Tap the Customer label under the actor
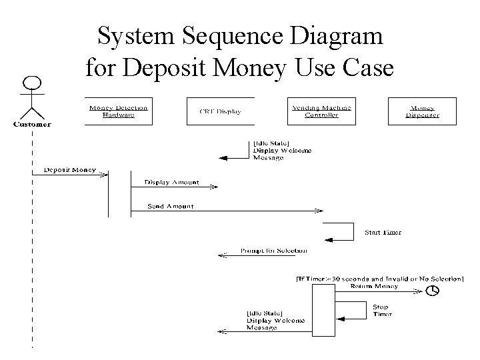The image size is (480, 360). (32, 123)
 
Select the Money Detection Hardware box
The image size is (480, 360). (118, 111)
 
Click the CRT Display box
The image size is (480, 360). (220, 111)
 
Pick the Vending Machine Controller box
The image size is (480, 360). (321, 111)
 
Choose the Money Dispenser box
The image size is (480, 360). (422, 111)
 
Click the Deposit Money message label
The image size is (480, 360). (69, 169)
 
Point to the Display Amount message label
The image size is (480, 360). (171, 182)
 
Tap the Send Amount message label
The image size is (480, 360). (171, 207)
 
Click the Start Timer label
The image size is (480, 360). (382, 233)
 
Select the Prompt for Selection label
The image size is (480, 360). (273, 251)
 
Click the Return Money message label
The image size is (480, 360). (374, 286)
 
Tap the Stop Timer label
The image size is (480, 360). (383, 310)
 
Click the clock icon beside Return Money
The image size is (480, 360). (433, 290)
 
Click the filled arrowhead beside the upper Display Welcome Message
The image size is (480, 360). (224, 158)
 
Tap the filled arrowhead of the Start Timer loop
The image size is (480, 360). (327, 240)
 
